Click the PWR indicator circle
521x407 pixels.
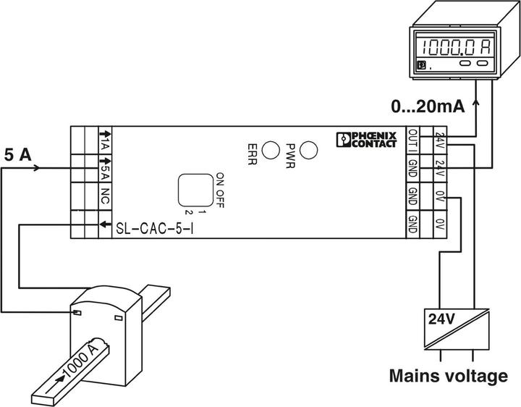(x=309, y=150)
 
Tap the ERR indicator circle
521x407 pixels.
(x=271, y=150)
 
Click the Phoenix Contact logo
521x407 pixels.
(x=367, y=140)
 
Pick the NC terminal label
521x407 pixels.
(x=104, y=197)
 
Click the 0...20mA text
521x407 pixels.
(x=427, y=107)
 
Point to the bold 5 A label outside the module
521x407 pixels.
(x=17, y=155)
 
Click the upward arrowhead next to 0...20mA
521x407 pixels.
(x=476, y=104)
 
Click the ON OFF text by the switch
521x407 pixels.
(x=220, y=190)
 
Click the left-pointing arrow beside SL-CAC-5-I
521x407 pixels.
(x=103, y=224)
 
